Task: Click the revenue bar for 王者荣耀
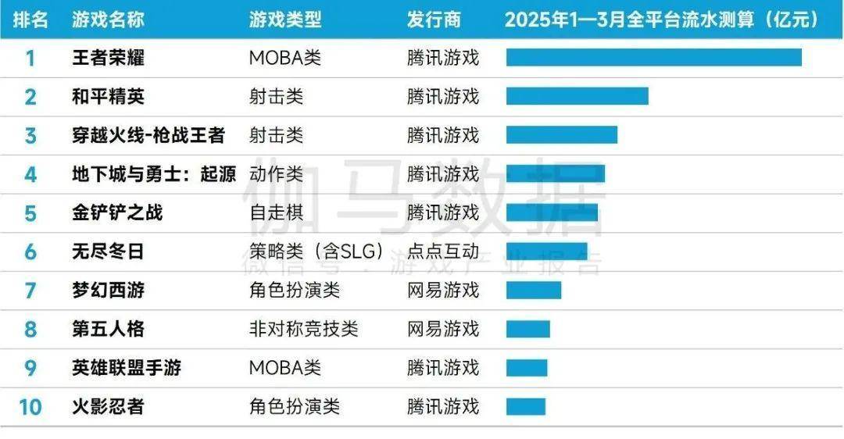[653, 58]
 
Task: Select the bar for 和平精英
[577, 96]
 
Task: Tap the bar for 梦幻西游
[533, 291]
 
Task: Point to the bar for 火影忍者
[525, 407]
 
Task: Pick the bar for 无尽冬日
[546, 252]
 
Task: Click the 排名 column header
[30, 20]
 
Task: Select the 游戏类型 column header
[284, 20]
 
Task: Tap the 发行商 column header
[434, 20]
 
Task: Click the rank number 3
[30, 135]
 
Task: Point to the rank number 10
[30, 407]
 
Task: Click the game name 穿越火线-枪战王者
[148, 135]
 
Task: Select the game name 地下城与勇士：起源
[154, 174]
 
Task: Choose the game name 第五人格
[108, 329]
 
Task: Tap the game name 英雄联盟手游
[127, 368]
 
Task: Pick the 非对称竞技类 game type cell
[303, 329]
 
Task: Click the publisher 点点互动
[442, 252]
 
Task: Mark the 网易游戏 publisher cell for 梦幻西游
[442, 291]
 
